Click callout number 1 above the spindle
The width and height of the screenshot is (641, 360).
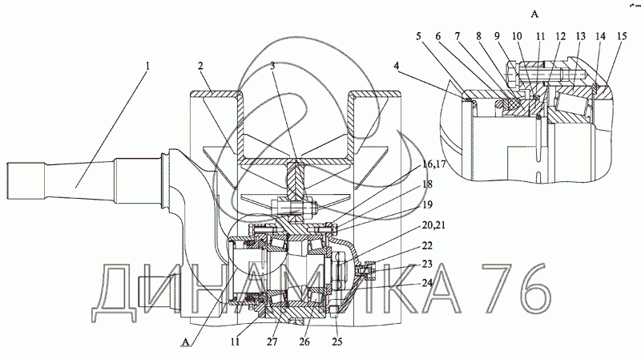[147, 66]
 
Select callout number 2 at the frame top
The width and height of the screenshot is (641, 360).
[200, 66]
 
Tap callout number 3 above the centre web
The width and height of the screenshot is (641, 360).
[272, 66]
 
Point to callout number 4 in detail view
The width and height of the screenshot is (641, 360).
[397, 66]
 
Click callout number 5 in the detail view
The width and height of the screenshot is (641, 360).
[418, 36]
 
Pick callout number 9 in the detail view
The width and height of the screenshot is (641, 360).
[497, 36]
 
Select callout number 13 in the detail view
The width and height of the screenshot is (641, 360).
[580, 36]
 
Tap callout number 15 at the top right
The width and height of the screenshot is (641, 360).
[622, 36]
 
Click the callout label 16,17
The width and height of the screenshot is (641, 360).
[433, 164]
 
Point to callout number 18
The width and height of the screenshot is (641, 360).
[427, 184]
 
